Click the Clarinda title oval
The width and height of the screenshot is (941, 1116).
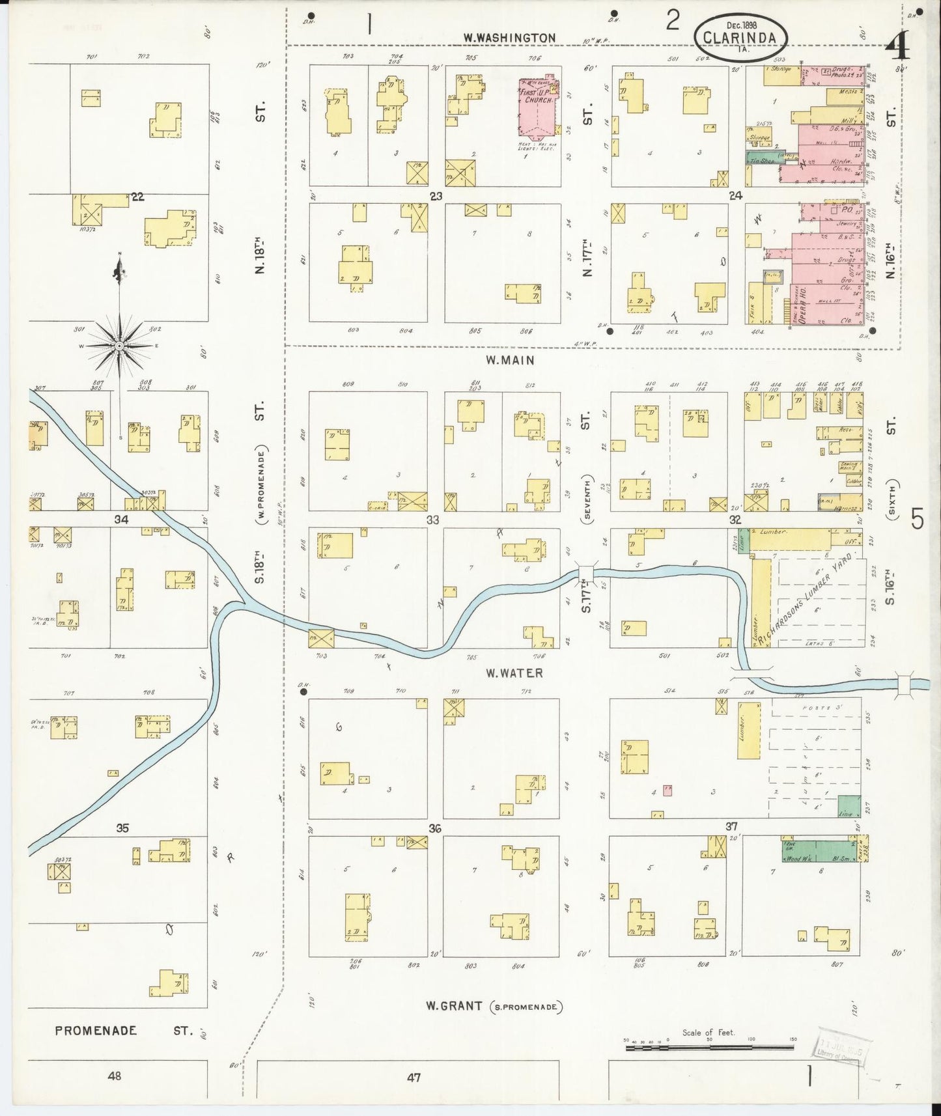click(x=740, y=38)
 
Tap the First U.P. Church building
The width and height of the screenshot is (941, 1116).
click(x=538, y=107)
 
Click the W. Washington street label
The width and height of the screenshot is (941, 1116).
click(x=509, y=38)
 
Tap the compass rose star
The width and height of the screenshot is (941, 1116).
click(x=119, y=347)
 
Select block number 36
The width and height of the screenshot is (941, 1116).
click(x=435, y=829)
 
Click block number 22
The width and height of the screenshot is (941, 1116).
click(x=137, y=197)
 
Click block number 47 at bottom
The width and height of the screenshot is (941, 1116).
click(x=414, y=1077)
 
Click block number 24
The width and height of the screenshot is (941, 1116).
click(x=736, y=195)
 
